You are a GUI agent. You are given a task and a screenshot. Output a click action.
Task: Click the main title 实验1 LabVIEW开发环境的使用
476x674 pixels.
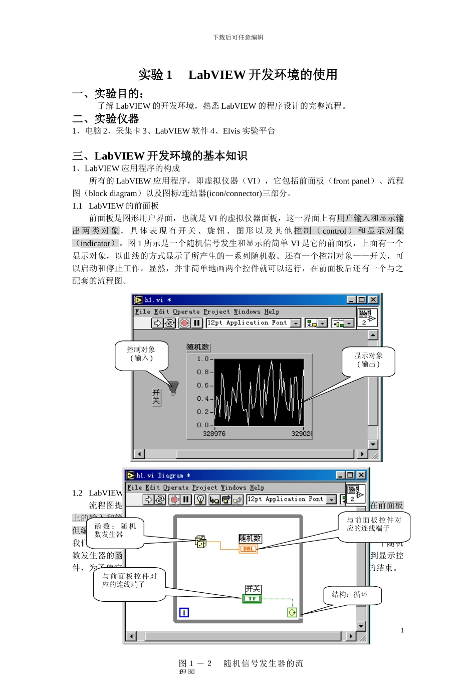point(237,75)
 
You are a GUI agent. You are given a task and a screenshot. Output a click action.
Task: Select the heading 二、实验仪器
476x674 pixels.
point(106,119)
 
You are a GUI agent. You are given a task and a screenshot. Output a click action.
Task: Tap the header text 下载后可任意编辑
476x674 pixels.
point(238,37)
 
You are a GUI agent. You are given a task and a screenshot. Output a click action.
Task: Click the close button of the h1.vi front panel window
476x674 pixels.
point(373,299)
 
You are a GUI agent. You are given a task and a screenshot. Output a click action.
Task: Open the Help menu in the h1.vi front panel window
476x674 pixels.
point(272,311)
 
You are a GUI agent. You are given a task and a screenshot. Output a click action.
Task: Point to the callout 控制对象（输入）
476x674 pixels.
point(141,354)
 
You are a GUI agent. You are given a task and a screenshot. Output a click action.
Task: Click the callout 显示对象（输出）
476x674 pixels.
point(369,360)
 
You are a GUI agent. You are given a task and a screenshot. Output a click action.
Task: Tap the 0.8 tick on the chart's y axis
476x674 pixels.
point(202,372)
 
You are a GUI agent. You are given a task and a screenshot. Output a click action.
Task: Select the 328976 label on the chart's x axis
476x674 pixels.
point(214,434)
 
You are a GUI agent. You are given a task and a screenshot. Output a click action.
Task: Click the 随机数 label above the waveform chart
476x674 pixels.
point(198,347)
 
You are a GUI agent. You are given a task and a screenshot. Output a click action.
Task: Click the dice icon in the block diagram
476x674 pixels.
point(200,542)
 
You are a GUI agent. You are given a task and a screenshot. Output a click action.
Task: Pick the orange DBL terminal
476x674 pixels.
point(249,549)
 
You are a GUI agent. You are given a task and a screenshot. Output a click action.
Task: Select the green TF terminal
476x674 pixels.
point(252,598)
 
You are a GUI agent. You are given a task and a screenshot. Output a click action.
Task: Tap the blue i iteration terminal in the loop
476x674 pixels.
point(184,612)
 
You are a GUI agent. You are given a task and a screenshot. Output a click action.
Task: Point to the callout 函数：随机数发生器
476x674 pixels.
point(115,531)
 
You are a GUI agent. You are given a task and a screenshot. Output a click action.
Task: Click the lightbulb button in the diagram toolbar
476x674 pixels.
point(200,499)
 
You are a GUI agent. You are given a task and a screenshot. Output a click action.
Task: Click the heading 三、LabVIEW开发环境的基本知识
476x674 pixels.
point(160,156)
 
